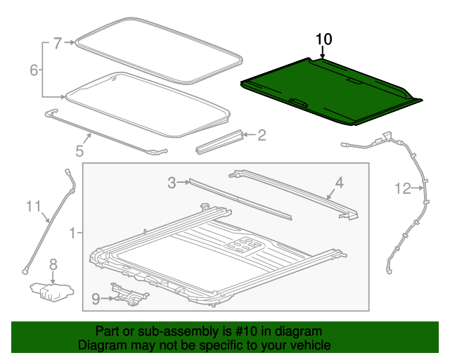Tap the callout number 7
pos(58,43)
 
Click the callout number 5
pos(79,150)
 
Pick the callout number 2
pos(262,134)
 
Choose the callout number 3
pos(172,184)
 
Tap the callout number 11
pos(34,206)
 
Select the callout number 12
pos(401,188)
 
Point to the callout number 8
pos(53,265)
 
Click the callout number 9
pos(96,299)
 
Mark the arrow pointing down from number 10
pos(323,53)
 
